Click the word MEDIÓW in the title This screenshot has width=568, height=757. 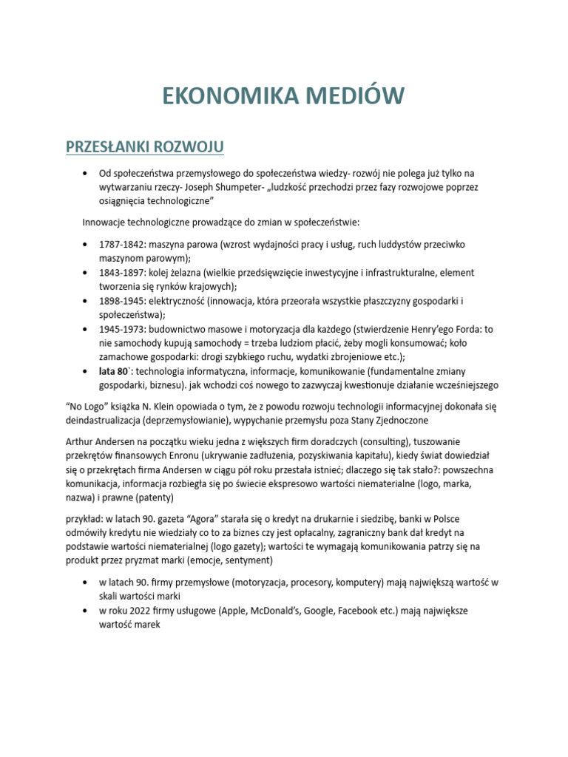[x=351, y=95]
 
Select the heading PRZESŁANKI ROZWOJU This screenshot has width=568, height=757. [x=145, y=146]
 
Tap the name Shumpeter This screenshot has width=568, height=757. [x=240, y=187]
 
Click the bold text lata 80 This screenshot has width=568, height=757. [x=115, y=371]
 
